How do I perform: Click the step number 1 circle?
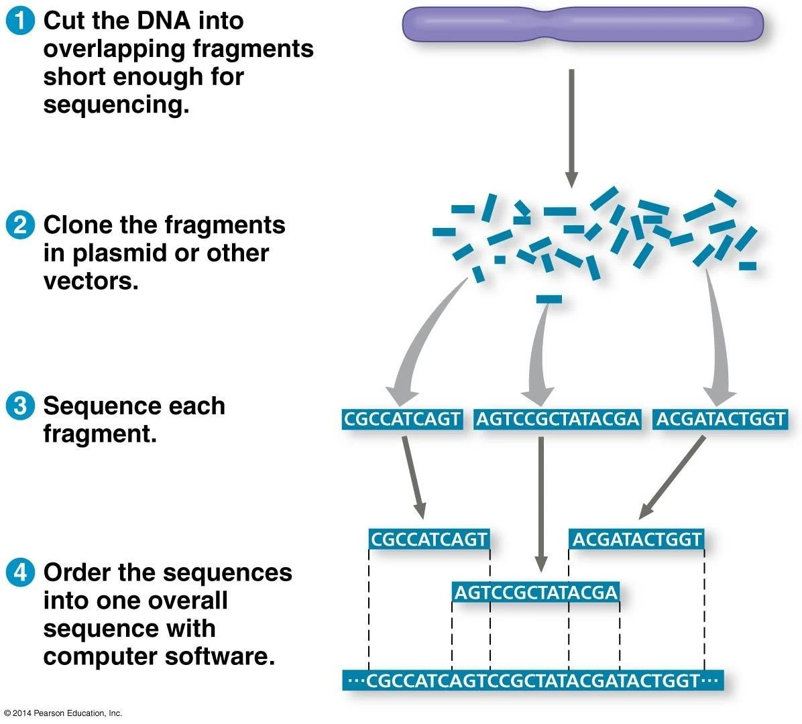coord(20,21)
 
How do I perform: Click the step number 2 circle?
coord(20,225)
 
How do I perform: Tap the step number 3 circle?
coord(20,406)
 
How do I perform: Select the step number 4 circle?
coord(20,572)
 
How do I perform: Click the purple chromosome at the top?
coord(582,24)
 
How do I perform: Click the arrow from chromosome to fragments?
coord(571,127)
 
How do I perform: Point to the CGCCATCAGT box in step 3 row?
coord(402,420)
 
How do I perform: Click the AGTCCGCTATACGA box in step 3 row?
coord(557,420)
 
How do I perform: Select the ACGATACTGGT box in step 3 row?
coord(720,420)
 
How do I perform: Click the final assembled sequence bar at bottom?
coord(533,681)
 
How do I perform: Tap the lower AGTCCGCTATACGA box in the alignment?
coord(535,593)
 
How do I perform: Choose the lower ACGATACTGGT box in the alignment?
coord(636,539)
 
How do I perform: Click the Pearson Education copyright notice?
coord(62,713)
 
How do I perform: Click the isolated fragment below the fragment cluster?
coord(549,299)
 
